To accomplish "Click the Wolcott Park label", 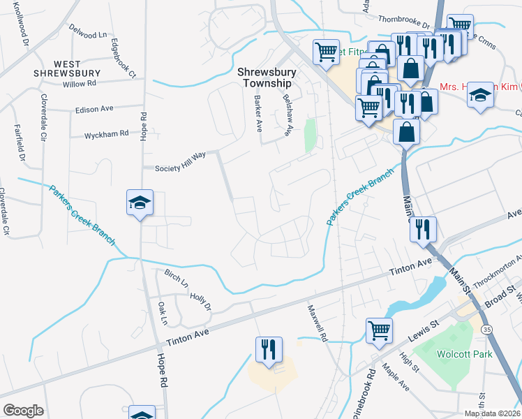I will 464,354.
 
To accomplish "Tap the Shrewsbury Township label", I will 267,78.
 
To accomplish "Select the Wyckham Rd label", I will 107,133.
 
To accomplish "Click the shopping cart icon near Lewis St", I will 379,329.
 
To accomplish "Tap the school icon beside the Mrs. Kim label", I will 480,94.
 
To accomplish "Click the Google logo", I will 22,411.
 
